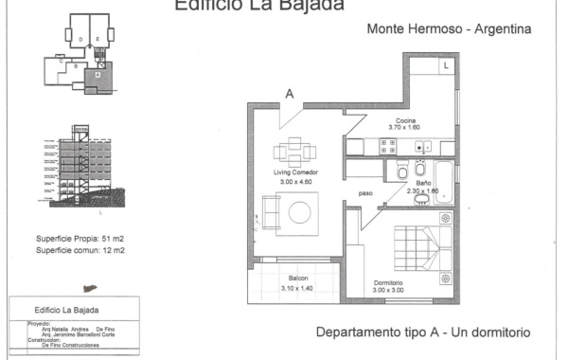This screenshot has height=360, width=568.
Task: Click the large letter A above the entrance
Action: coord(290,94)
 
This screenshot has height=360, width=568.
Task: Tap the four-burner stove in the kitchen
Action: coord(387,146)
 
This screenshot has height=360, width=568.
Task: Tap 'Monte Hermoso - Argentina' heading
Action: coord(449,29)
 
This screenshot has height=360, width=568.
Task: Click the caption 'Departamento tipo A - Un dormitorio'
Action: coord(422,333)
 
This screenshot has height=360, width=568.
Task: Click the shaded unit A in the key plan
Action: coord(98,72)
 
